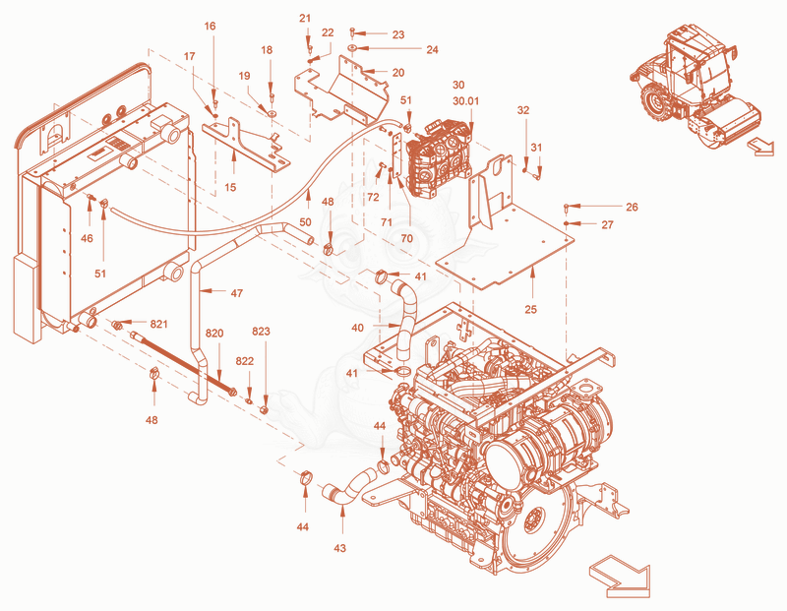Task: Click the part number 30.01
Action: (x=465, y=101)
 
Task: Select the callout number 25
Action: (x=530, y=309)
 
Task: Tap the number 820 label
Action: (x=214, y=334)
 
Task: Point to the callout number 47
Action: (x=236, y=293)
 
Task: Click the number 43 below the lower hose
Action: (x=339, y=548)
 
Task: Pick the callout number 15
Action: (x=230, y=188)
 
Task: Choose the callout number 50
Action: (x=305, y=222)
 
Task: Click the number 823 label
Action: (x=261, y=332)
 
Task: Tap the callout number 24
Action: (x=432, y=50)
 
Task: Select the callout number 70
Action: (x=406, y=238)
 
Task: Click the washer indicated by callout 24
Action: (x=352, y=48)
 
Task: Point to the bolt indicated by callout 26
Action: (x=567, y=207)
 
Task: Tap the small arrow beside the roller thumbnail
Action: (x=760, y=148)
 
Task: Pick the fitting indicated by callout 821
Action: (x=117, y=326)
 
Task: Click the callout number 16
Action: (x=210, y=27)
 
